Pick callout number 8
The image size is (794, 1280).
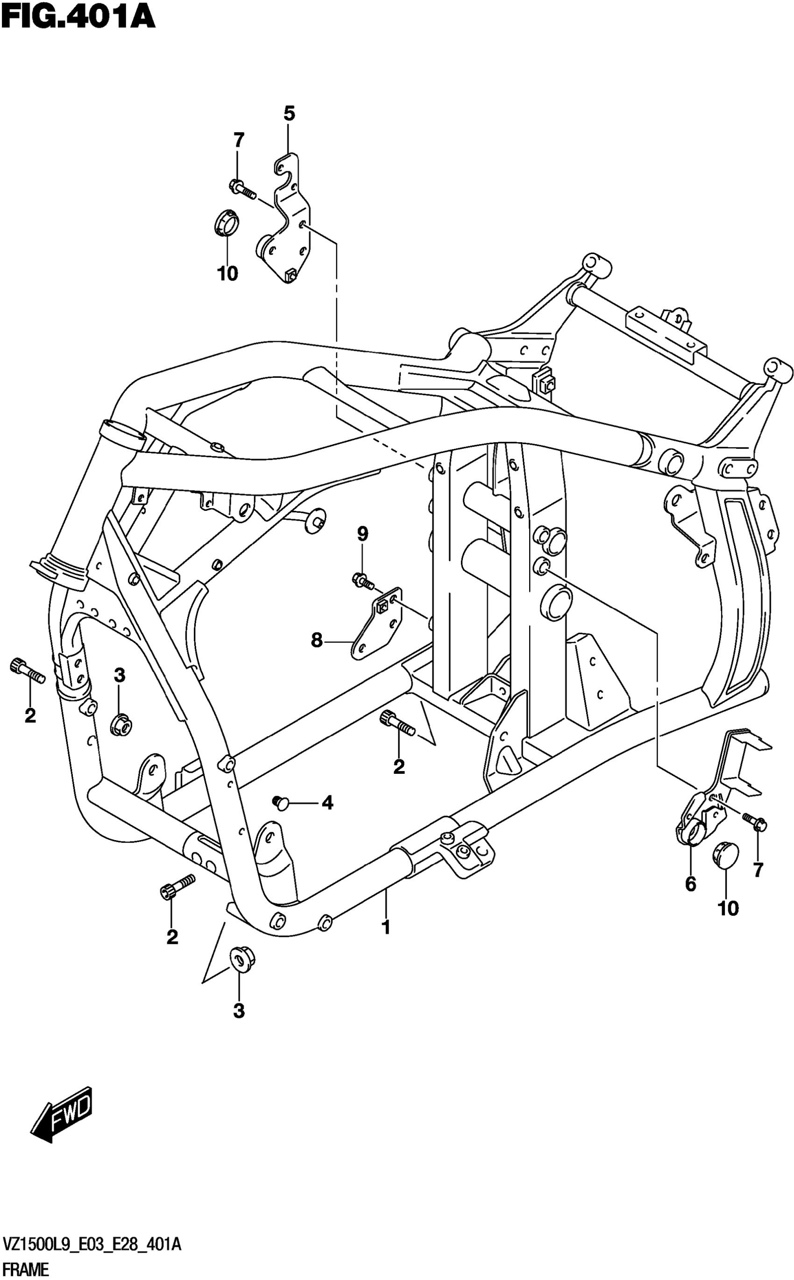317,640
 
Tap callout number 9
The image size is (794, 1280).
362,535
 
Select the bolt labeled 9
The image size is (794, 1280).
362,580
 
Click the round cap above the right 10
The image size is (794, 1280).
726,853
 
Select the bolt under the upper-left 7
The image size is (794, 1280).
241,189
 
